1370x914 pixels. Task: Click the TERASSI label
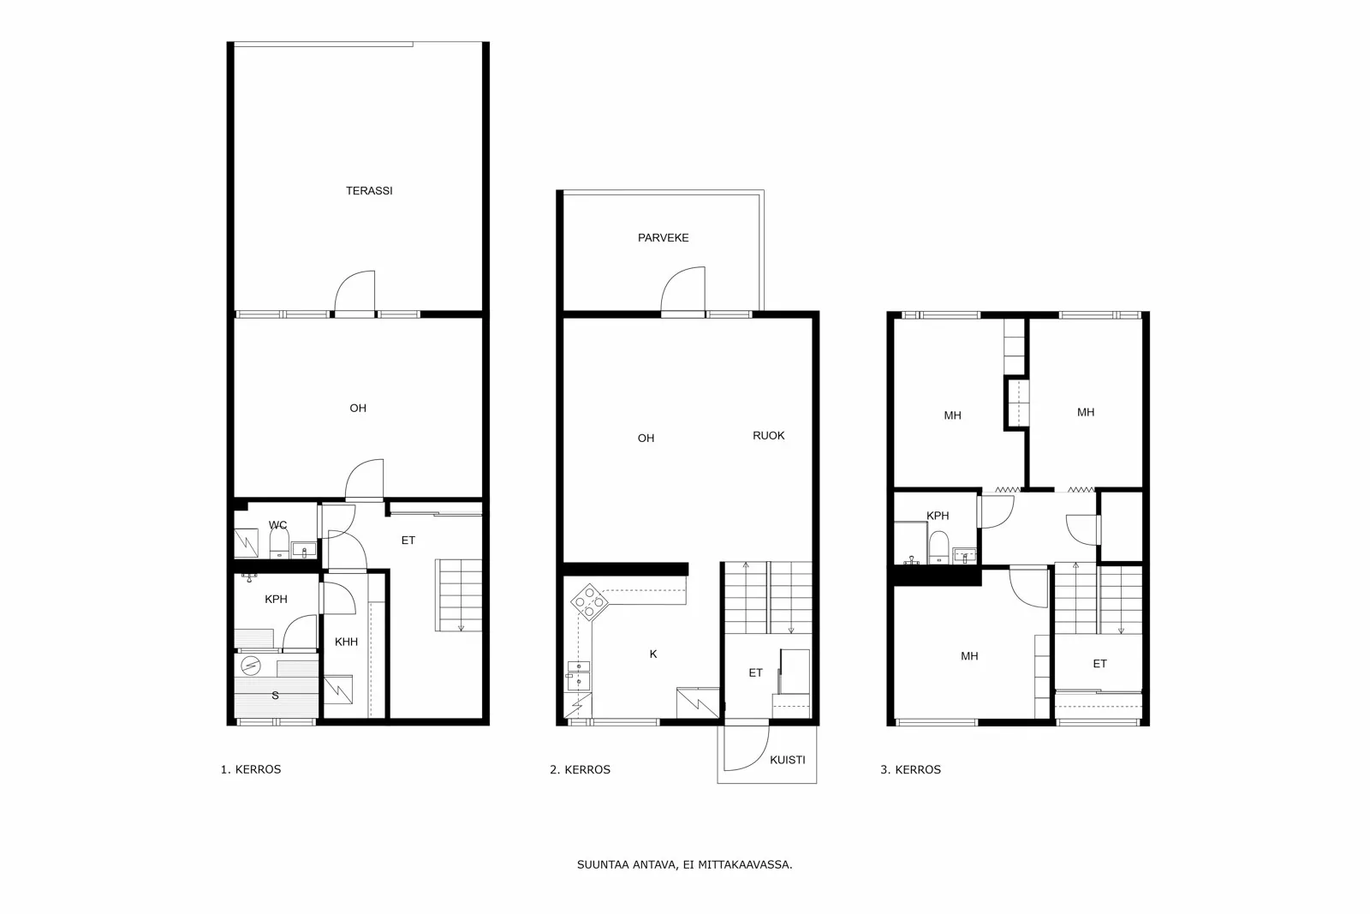pyautogui.click(x=369, y=191)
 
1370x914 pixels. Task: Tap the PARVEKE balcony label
pyautogui.click(x=663, y=238)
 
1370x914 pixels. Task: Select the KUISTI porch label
pyautogui.click(x=787, y=760)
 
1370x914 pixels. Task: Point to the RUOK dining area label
pyautogui.click(x=768, y=436)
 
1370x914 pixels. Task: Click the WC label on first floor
pyautogui.click(x=277, y=525)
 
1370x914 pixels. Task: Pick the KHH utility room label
pyautogui.click(x=346, y=642)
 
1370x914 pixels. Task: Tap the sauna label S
pyautogui.click(x=275, y=696)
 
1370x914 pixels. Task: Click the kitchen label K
pyautogui.click(x=653, y=654)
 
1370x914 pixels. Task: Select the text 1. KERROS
pyautogui.click(x=250, y=769)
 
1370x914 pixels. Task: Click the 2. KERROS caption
pyautogui.click(x=580, y=770)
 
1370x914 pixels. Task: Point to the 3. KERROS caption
pyautogui.click(x=910, y=770)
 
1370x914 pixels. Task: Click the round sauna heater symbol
pyautogui.click(x=250, y=665)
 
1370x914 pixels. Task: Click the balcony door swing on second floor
pyautogui.click(x=682, y=290)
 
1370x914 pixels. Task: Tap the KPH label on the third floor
pyautogui.click(x=938, y=516)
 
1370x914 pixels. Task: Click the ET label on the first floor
pyautogui.click(x=408, y=541)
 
